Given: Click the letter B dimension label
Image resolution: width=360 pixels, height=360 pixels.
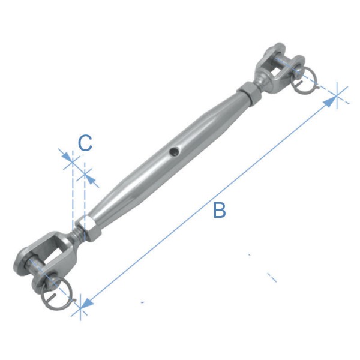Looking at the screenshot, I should click(220, 211).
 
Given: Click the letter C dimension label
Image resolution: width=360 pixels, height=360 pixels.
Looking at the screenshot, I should click(85, 143).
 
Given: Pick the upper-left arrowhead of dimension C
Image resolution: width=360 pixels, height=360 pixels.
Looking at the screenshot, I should click(68, 158).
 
